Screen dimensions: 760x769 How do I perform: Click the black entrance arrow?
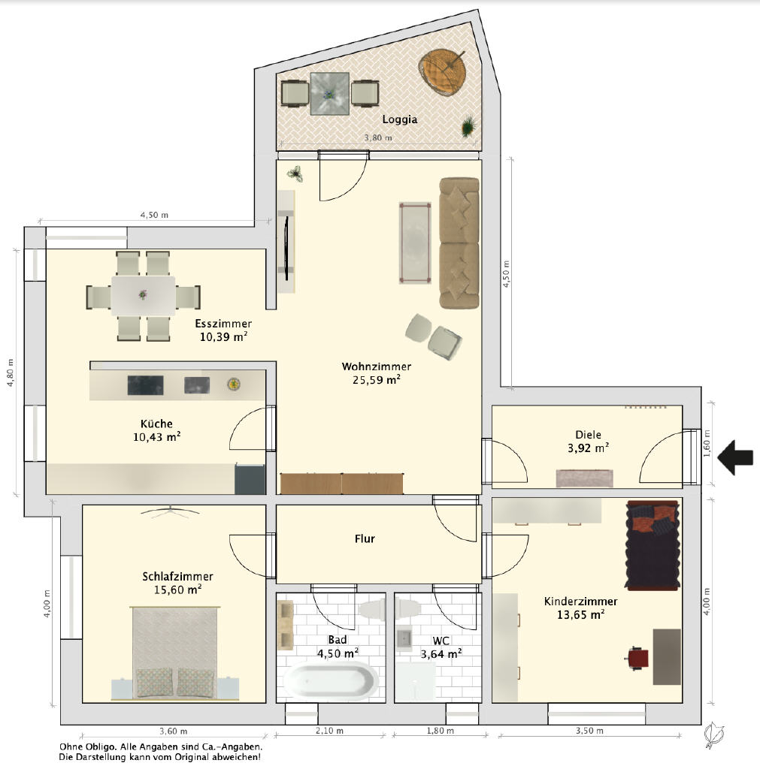coord(735,457)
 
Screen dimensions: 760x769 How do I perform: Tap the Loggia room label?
coord(400,119)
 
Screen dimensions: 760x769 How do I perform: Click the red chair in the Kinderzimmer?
coord(637,658)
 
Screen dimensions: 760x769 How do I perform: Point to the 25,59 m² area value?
coord(376,379)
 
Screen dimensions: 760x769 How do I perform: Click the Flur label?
coord(365,538)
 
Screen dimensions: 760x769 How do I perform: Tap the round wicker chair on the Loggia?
coord(442,71)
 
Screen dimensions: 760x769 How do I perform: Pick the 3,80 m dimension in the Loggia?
coord(378,138)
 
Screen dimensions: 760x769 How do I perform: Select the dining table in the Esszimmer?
coord(143,296)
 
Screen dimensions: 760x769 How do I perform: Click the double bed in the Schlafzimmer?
coord(174,653)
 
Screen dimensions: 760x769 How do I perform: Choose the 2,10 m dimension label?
coord(329,731)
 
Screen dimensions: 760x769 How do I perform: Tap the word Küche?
coord(156,424)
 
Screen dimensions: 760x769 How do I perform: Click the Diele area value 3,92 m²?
coord(588,448)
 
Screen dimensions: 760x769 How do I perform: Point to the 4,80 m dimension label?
coord(11,372)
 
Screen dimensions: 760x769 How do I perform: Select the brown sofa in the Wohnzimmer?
coord(459,243)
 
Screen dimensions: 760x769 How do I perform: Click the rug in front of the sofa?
coord(416,243)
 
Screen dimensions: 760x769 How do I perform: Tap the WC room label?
coord(441,641)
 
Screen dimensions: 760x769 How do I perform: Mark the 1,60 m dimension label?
coord(707,443)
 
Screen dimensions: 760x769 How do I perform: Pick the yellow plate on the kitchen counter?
coord(234,384)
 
